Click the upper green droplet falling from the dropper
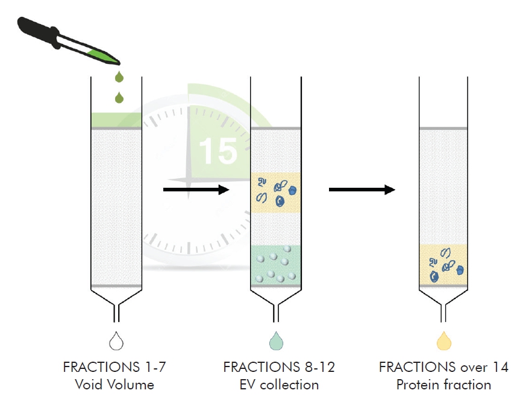point(119,76)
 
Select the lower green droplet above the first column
point(119,96)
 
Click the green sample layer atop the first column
point(116,120)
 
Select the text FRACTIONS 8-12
point(278,366)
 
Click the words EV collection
point(278,384)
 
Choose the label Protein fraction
point(443,384)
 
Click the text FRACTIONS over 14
point(443,366)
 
